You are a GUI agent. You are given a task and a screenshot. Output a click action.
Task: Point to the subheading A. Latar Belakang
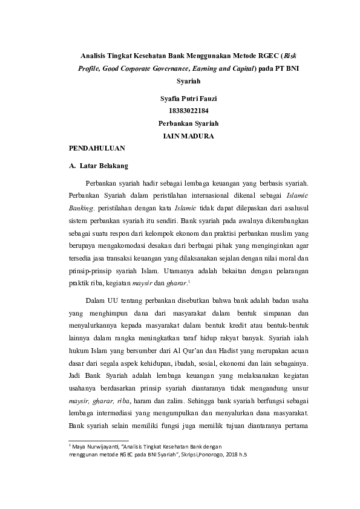click(x=97, y=165)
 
